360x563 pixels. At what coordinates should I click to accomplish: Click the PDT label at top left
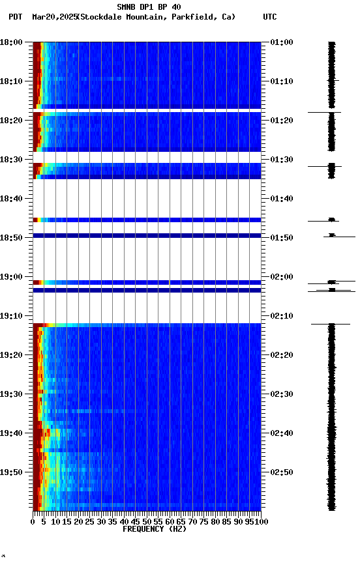coord(15,17)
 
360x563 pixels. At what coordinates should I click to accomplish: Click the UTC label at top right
coord(270,17)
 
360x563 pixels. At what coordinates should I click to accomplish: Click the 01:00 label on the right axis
coord(282,42)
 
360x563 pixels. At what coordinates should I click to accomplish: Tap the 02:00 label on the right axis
coord(282,277)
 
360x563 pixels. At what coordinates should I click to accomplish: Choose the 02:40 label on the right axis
coord(282,433)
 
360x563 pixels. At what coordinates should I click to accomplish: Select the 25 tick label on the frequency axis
coord(90,522)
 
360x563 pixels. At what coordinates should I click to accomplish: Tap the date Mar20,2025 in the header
coord(54,17)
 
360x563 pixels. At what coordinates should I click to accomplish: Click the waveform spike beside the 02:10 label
coord(331,323)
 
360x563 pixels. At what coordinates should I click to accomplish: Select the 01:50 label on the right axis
coord(282,238)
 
